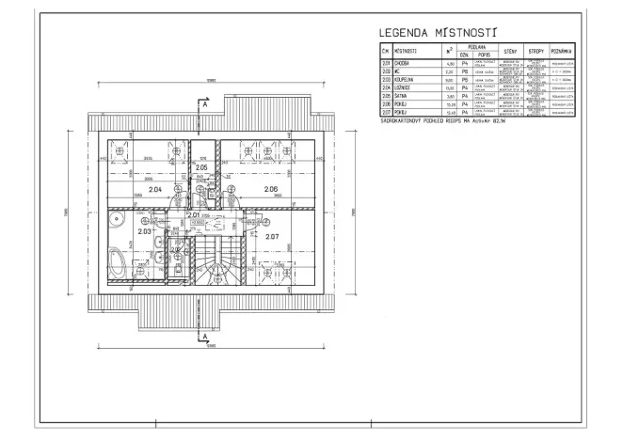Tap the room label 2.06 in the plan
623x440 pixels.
click(271, 190)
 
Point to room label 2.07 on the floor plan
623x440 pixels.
click(272, 235)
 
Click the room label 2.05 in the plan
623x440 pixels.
click(200, 167)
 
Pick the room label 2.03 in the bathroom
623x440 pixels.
click(145, 230)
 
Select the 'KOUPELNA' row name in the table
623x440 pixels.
click(406, 79)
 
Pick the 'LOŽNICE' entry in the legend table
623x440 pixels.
click(405, 87)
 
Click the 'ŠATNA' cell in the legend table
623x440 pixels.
click(402, 96)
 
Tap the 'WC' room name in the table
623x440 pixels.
click(399, 71)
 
